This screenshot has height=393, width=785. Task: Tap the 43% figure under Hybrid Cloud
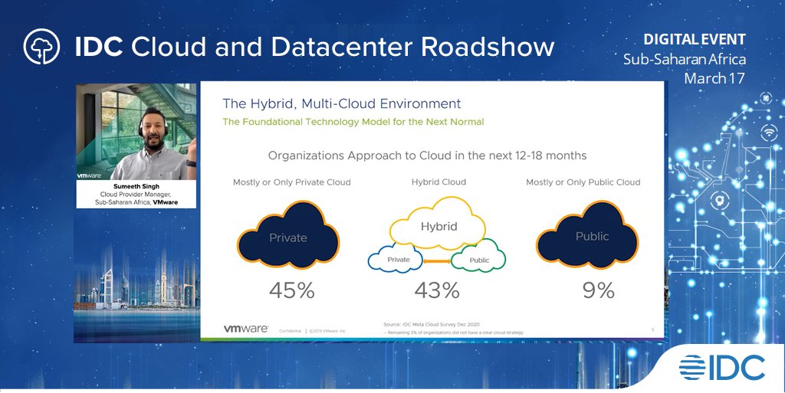pos(437,291)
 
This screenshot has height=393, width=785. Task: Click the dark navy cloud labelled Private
pos(287,237)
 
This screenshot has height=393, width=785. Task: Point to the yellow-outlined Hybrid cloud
pos(438,223)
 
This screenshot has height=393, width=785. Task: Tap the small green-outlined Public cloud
pos(479,260)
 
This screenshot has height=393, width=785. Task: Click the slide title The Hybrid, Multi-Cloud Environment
pos(342,103)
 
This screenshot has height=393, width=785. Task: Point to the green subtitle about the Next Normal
pos(353,122)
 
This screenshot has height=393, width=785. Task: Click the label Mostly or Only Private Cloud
pos(291,182)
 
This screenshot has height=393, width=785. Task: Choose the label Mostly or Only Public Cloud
pos(583,182)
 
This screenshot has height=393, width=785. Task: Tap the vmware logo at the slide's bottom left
pos(245,328)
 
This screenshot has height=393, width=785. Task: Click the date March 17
pos(714,78)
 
